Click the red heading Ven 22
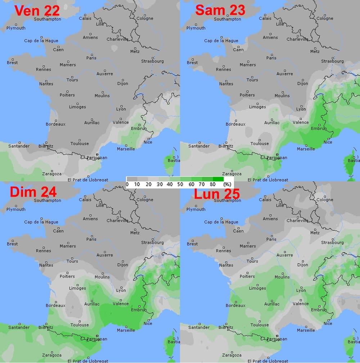point(37,10)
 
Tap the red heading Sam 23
point(220,10)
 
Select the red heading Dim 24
point(33,192)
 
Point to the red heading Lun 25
point(217,194)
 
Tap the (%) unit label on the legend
point(227,184)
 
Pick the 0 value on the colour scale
point(127,184)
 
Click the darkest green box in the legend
point(218,179)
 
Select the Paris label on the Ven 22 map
point(91,58)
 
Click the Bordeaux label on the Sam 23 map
point(235,124)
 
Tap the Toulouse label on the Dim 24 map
point(80,325)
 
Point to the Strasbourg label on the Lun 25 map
point(332,242)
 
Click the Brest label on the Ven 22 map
point(12,63)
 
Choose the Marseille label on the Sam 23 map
point(306,149)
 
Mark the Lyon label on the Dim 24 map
point(121,290)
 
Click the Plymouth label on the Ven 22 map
point(16,28)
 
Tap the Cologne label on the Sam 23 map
point(325,18)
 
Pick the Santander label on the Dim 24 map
point(19,327)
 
